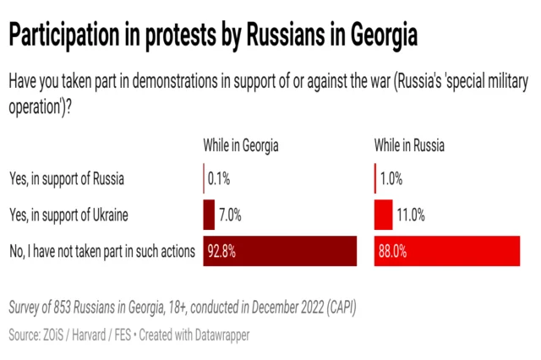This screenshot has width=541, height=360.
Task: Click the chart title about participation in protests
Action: (x=212, y=37)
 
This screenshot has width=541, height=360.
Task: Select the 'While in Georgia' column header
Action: (x=241, y=146)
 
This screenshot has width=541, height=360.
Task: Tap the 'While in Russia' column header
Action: (x=409, y=146)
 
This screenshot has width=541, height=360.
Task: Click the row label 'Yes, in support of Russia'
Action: (x=67, y=179)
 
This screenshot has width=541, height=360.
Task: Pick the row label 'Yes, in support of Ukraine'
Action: (x=70, y=215)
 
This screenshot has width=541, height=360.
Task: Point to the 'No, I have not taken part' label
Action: (x=101, y=251)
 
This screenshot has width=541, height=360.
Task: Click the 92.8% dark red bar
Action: (x=280, y=251)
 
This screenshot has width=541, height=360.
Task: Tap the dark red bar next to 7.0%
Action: (x=209, y=215)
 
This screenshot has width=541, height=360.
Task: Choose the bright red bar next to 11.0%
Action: (x=383, y=215)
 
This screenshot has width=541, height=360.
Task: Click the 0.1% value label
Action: (x=220, y=179)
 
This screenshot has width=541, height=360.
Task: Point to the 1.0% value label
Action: (x=391, y=179)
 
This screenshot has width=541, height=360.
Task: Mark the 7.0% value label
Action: (x=231, y=215)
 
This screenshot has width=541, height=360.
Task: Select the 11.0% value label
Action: (x=410, y=215)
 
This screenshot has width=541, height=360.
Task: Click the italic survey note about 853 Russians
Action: (x=181, y=308)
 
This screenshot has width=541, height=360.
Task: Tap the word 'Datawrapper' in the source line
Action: (x=219, y=335)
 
